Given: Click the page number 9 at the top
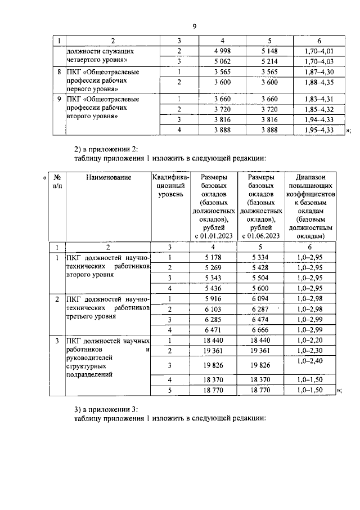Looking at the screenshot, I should coord(194,26).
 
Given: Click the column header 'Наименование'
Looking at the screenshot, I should coord(109,177).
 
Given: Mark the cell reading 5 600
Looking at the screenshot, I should coord(261,288).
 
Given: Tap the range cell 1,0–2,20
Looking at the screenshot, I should coord(311,341).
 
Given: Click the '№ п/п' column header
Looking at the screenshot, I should coord(56,181).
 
